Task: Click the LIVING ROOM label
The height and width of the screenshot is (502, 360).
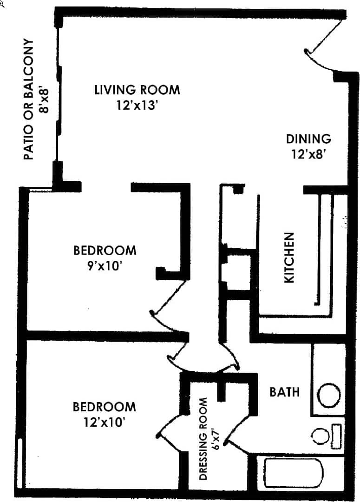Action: click(x=137, y=89)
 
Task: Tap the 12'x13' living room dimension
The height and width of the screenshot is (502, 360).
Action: click(x=138, y=105)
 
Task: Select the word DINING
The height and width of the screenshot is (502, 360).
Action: click(x=308, y=139)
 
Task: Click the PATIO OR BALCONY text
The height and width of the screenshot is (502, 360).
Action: click(x=29, y=99)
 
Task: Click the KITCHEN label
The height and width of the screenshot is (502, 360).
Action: click(x=289, y=258)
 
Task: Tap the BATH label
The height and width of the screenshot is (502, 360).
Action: click(x=284, y=392)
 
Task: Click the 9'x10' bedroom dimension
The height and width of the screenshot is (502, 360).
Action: click(x=105, y=266)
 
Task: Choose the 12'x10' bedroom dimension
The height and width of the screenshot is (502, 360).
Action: click(x=105, y=423)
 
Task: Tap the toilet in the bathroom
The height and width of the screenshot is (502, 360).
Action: click(x=325, y=436)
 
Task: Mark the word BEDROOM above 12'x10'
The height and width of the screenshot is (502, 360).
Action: click(x=105, y=407)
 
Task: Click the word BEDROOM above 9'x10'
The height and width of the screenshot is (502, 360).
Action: click(x=105, y=251)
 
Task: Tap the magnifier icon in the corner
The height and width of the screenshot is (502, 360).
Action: click(x=2, y=2)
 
